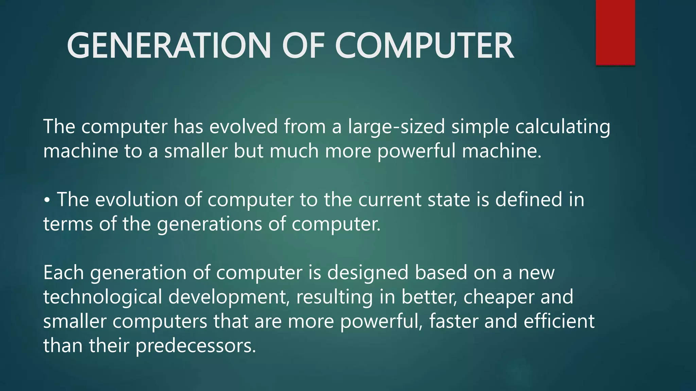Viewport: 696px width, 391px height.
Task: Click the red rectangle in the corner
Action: pyautogui.click(x=615, y=32)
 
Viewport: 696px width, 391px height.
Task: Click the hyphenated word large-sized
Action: pyautogui.click(x=396, y=127)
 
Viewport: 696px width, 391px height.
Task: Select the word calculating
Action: pyautogui.click(x=562, y=127)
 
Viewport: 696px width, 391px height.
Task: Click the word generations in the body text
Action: pyautogui.click(x=209, y=224)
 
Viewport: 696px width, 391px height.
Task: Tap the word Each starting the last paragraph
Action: pyautogui.click(x=63, y=273)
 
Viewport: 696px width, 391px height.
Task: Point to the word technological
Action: pyautogui.click(x=103, y=297)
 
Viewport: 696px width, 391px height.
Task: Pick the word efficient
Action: pyautogui.click(x=559, y=321)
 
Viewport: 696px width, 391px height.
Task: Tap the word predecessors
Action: pyautogui.click(x=195, y=346)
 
